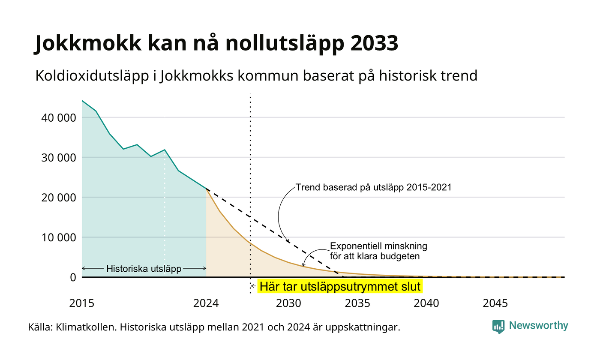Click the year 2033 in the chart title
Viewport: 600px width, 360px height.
[x=374, y=43]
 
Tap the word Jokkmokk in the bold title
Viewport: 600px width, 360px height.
[x=87, y=43]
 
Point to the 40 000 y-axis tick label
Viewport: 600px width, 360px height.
[x=59, y=118]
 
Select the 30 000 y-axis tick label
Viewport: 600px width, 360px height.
[x=59, y=158]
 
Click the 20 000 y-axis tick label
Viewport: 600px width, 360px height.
[x=59, y=198]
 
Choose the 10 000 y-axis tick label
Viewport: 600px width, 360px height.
[x=59, y=237]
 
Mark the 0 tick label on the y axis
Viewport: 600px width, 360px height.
[x=73, y=278]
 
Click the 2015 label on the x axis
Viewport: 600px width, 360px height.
[x=82, y=303]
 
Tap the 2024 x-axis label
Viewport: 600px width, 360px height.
[x=206, y=303]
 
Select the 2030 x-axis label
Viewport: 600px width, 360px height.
[x=289, y=303]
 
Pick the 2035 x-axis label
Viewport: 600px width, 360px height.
[x=357, y=303]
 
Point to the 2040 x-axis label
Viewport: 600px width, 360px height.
[x=426, y=303]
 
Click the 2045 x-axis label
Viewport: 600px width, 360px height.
[x=495, y=303]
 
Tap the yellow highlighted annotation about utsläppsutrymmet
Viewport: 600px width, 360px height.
[x=340, y=286]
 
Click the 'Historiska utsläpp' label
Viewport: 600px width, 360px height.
[x=144, y=268]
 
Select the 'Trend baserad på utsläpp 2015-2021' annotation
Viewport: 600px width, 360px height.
[x=373, y=187]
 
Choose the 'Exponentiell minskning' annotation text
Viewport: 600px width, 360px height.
[x=378, y=251]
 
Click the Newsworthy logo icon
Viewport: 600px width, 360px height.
[x=498, y=327]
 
